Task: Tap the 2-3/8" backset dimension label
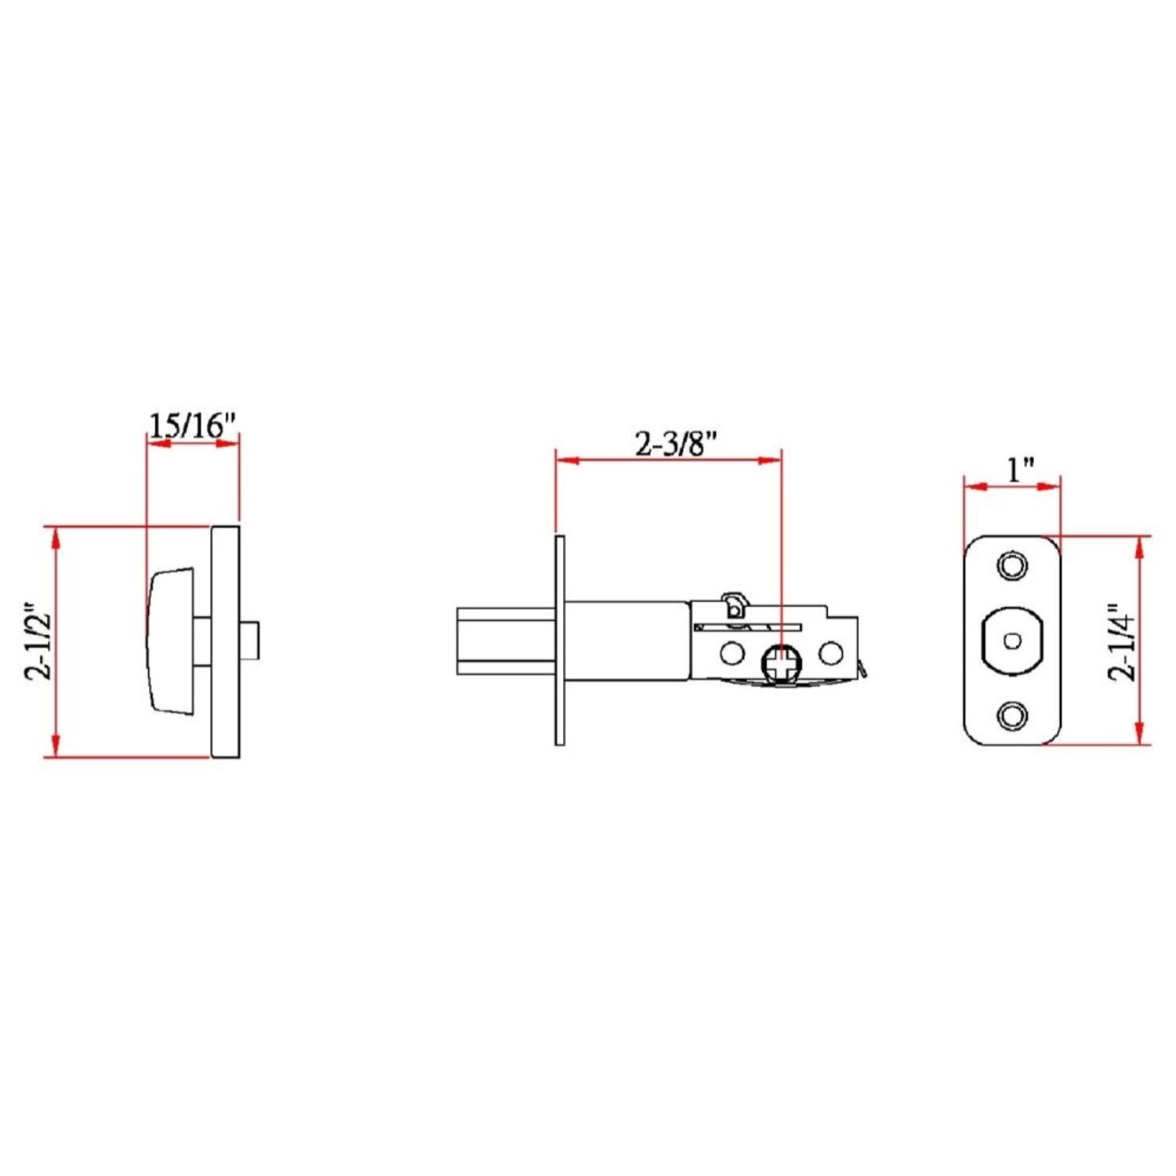click(x=677, y=444)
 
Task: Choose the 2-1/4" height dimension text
click(x=1122, y=641)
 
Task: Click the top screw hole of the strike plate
click(x=1011, y=565)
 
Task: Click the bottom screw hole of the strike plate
click(x=1011, y=715)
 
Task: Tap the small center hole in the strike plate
click(x=1012, y=640)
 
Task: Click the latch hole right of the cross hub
click(x=831, y=652)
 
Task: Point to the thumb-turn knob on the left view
click(x=170, y=641)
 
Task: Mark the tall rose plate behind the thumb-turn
click(x=225, y=641)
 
